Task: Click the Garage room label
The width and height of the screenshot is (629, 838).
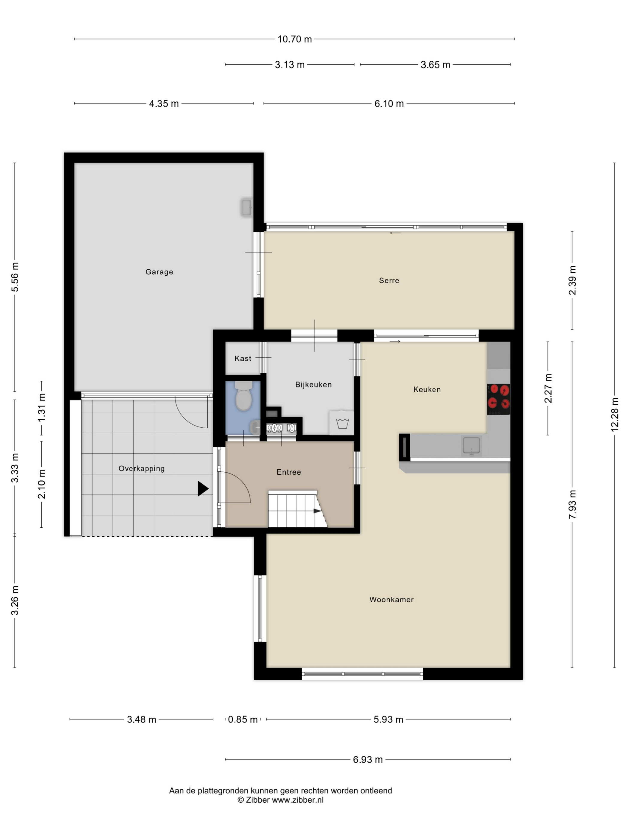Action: click(159, 272)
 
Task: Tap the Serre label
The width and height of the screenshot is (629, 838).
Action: click(389, 280)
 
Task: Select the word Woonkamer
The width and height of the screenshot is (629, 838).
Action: click(391, 599)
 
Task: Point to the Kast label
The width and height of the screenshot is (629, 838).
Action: click(243, 358)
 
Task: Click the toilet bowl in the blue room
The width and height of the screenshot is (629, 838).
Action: click(244, 396)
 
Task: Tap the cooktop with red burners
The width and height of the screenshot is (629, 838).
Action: click(498, 399)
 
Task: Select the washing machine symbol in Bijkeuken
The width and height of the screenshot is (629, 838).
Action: click(342, 423)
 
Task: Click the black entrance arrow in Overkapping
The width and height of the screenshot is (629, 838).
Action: click(203, 488)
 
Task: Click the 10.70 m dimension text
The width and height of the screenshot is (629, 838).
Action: click(295, 39)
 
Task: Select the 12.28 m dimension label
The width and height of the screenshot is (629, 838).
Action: click(615, 415)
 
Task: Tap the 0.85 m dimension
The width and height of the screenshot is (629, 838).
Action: click(243, 719)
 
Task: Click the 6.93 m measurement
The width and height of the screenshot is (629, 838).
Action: click(368, 760)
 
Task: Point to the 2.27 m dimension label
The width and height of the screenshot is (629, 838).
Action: click(548, 388)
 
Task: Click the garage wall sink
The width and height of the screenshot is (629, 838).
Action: click(246, 208)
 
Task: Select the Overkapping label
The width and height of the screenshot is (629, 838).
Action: click(141, 469)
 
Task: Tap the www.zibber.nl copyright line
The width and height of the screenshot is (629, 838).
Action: click(281, 800)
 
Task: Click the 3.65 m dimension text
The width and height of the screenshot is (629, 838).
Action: click(435, 65)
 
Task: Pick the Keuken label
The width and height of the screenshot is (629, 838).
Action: click(427, 389)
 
